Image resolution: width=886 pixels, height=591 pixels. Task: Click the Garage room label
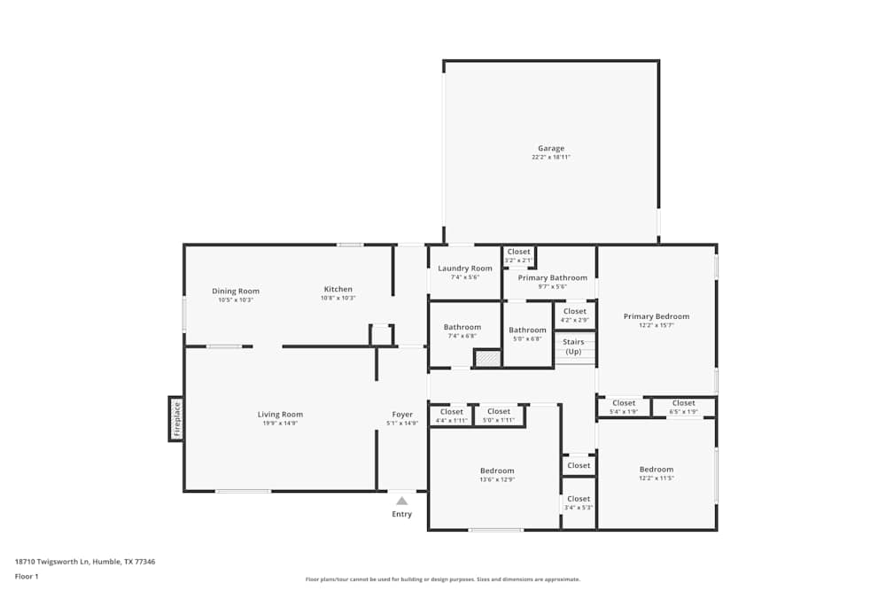coord(550,149)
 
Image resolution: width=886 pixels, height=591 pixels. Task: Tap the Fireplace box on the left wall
coord(176,419)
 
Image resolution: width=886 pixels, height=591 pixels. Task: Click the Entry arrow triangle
coord(401,501)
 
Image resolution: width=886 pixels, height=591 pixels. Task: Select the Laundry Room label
coord(464,268)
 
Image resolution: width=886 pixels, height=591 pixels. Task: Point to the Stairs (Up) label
coord(574,346)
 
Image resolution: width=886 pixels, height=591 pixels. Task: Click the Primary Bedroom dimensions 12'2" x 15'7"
coord(656,325)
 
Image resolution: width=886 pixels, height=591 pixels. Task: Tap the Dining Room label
coord(236,291)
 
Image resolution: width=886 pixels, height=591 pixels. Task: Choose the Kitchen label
coord(338,289)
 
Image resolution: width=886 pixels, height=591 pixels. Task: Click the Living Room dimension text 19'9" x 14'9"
coord(280,424)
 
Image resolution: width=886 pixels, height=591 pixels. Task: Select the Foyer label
coord(402,414)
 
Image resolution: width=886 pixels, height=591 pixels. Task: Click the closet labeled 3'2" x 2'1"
coord(518,256)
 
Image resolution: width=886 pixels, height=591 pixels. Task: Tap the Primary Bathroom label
coord(552,277)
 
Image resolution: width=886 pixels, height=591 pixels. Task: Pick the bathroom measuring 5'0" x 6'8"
coord(527,334)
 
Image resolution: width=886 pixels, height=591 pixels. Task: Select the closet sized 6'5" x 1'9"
coord(683,407)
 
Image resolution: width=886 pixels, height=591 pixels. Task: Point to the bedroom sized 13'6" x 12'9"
coord(497,475)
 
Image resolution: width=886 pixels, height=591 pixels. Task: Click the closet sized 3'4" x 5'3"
coord(579,503)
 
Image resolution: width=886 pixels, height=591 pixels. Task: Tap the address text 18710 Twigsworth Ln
coord(85,562)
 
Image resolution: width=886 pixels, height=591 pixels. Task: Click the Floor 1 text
coord(27,576)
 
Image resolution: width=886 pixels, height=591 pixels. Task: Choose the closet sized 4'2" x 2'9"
coord(574,315)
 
